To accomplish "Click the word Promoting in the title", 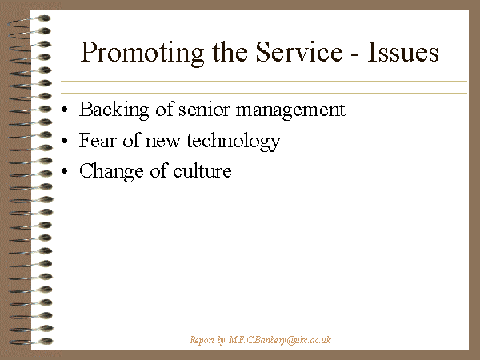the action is point(142,54).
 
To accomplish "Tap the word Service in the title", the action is point(299,52).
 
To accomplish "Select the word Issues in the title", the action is point(403,52).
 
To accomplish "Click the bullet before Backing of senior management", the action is point(64,110).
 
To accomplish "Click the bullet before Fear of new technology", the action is point(64,140).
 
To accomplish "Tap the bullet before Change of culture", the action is point(64,171).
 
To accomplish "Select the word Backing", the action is point(114,110).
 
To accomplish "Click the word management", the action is point(290,111).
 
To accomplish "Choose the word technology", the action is point(234,142).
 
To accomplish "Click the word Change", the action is point(111,172).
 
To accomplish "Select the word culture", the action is point(202,171).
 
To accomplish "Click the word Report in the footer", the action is point(202,341).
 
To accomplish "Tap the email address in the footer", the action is point(280,341).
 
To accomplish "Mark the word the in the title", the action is point(230,52).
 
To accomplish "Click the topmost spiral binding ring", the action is point(29,21).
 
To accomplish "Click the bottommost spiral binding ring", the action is point(30,342).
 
